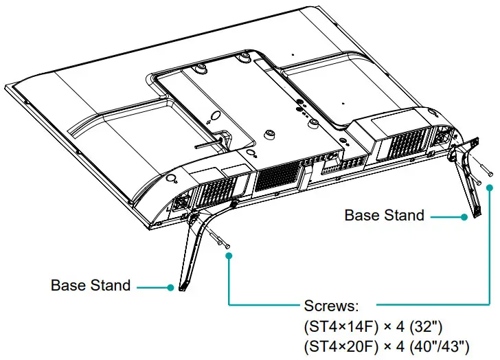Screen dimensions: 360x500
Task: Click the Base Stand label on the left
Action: point(91,285)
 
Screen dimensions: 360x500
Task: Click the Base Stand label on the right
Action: point(384,215)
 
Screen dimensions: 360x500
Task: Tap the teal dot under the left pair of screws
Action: point(229,256)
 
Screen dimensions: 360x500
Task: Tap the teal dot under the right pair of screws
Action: point(490,187)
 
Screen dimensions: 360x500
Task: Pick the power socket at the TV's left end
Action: point(182,204)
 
